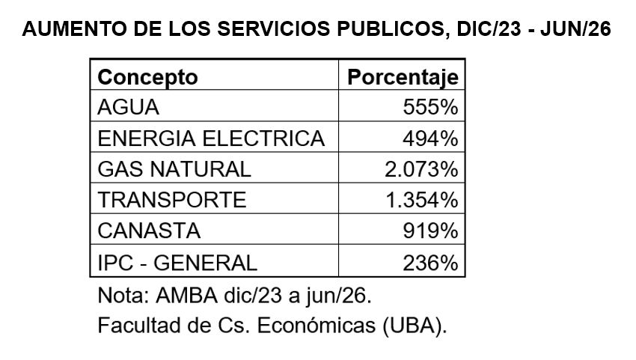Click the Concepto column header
point(147,77)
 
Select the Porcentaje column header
point(403,77)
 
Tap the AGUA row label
point(128,107)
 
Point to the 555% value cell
point(430,107)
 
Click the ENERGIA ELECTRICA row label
point(211,138)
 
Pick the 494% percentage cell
point(430,138)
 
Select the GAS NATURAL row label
point(174,169)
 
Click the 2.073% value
point(421,169)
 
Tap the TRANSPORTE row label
point(172,200)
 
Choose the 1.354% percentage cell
point(422,200)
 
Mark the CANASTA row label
point(149,231)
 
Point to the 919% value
point(430,231)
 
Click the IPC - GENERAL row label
point(177,263)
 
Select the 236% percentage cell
point(430,263)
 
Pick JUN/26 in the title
point(575,29)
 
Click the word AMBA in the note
point(186,296)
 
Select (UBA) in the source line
point(415,326)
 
